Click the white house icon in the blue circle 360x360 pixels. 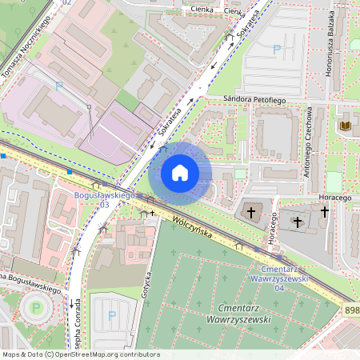point(180,173)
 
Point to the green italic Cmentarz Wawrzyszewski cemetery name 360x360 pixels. point(245,313)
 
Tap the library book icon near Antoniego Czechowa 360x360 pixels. point(346,126)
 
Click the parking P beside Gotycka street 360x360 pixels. point(111,316)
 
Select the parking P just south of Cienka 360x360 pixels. point(278,50)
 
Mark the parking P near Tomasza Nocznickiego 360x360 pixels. point(58,86)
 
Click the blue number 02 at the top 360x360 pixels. point(66,3)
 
